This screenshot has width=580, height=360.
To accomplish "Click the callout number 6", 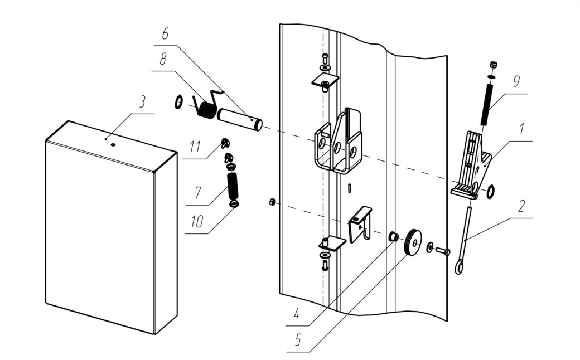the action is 165,33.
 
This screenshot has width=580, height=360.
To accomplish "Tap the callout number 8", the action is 163,59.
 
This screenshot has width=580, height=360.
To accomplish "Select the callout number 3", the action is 142,102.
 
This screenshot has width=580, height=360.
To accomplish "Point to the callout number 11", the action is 195,147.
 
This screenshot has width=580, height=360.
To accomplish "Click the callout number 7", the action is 199,193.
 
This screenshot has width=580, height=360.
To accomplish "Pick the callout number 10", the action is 197,222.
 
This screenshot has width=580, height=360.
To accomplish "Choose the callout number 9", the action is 516,81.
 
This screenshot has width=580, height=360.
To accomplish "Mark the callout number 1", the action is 521,129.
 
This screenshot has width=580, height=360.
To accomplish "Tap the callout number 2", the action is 521,206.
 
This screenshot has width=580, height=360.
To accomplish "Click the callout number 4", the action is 296,314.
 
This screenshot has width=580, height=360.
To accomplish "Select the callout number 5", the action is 298,340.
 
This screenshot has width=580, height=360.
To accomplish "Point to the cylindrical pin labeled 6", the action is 240,119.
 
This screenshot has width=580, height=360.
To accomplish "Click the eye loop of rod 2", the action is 459,267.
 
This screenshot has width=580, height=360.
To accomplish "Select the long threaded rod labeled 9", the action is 487,105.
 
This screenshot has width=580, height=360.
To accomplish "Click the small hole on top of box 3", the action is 113,145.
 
